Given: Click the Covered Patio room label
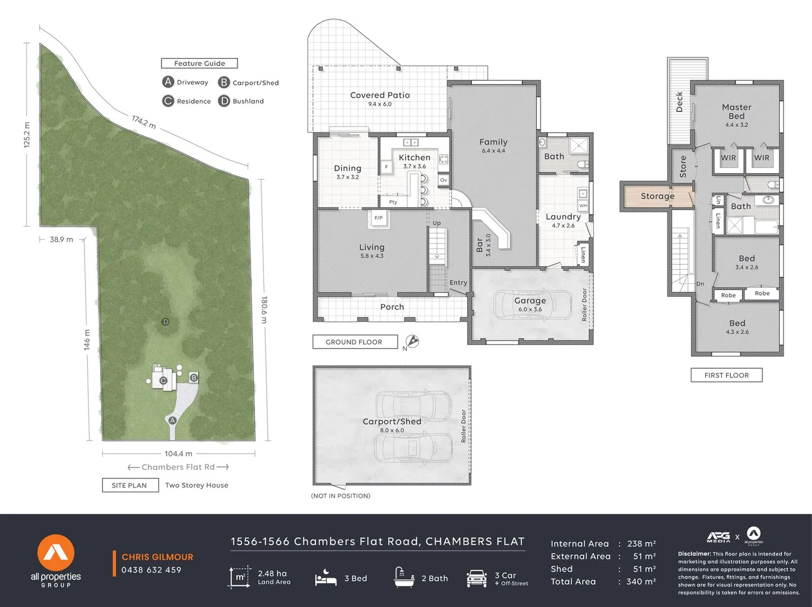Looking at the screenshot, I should click(x=380, y=96).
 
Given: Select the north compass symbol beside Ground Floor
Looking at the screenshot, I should click(x=412, y=341).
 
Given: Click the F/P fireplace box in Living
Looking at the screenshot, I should click(x=379, y=218).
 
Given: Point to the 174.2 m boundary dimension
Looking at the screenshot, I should click(x=144, y=122).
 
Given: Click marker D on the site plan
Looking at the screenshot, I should click(x=165, y=322).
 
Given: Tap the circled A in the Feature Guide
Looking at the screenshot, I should click(x=168, y=82).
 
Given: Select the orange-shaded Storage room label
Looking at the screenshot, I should click(x=657, y=196).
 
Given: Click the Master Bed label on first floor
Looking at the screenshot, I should click(x=737, y=111).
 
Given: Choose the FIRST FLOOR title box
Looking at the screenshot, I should click(x=726, y=375).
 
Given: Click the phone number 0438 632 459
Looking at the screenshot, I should click(x=151, y=570).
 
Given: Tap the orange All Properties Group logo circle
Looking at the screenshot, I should click(x=56, y=553).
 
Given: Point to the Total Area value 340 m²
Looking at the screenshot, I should click(x=641, y=582).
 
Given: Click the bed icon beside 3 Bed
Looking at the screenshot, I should click(x=326, y=578).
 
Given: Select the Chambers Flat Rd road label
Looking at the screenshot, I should click(x=178, y=467).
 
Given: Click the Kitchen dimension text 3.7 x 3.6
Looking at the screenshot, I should click(x=415, y=166).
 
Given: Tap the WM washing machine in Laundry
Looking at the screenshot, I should click(x=583, y=206).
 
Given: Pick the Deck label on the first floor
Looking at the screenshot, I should click(x=680, y=102).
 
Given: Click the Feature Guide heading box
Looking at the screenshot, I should click(x=199, y=64).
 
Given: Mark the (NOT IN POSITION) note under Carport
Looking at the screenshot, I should click(x=340, y=496).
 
